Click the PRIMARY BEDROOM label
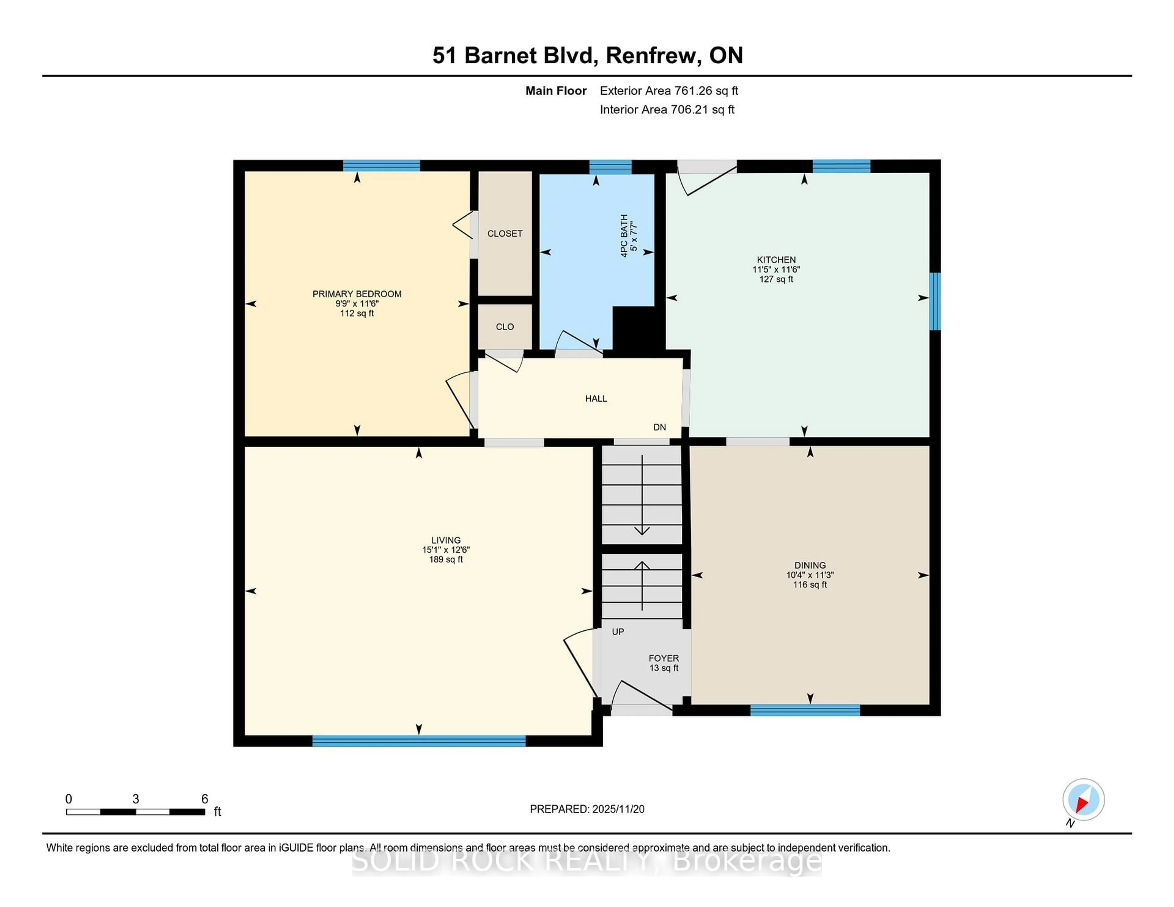(x=356, y=294)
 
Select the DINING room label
(x=810, y=565)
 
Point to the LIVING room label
(x=446, y=540)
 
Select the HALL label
(x=596, y=398)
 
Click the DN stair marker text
(x=659, y=427)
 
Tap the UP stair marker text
(x=618, y=632)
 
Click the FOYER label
(x=663, y=658)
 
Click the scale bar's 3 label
(x=135, y=799)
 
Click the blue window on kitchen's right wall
(x=935, y=301)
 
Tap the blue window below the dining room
(x=805, y=710)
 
